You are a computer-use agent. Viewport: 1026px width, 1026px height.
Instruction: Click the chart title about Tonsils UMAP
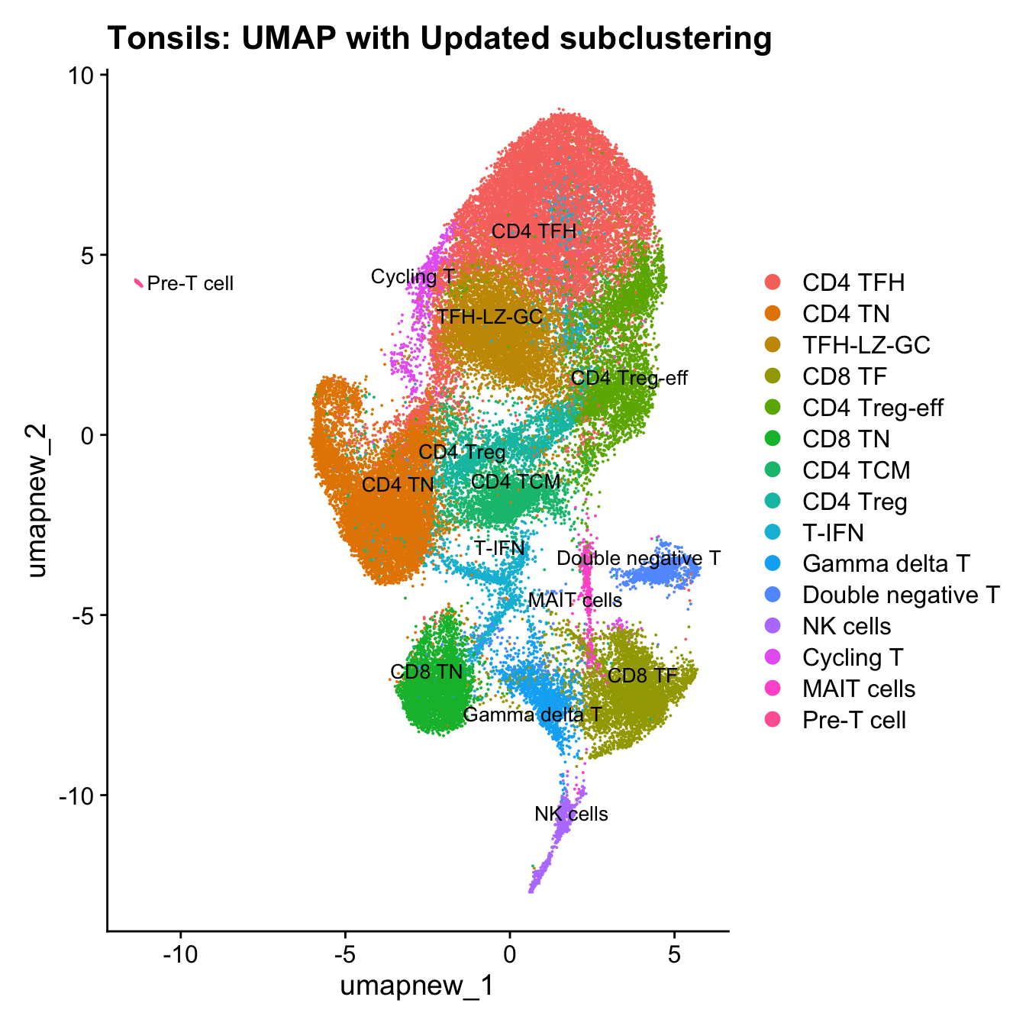point(440,38)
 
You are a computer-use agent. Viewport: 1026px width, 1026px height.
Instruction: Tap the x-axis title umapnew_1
point(417,986)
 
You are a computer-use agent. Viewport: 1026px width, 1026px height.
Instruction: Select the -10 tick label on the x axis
point(180,956)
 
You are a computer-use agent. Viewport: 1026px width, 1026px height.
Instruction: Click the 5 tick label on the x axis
point(674,956)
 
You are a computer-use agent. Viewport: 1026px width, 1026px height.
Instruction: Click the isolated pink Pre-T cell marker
point(139,283)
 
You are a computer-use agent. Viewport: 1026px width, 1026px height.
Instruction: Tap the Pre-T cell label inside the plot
point(190,284)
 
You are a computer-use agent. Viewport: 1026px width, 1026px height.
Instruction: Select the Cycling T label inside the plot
point(412,276)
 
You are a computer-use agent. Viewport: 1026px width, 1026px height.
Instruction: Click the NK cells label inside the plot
point(571,815)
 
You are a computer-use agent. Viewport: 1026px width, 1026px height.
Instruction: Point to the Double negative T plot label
point(638,559)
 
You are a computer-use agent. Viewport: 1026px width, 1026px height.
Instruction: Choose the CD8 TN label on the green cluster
point(427,672)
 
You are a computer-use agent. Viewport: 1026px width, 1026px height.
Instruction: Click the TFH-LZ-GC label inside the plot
point(489,317)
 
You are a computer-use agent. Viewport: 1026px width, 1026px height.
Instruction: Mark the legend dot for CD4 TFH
point(773,282)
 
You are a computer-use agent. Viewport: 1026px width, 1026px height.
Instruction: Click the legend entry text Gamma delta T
point(886,563)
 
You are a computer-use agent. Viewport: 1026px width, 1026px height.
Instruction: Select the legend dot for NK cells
point(773,626)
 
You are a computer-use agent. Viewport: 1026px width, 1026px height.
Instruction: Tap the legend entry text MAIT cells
point(858,689)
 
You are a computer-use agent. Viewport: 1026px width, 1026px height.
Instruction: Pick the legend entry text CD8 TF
point(844,376)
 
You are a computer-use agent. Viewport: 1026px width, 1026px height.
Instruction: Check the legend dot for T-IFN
point(773,532)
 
